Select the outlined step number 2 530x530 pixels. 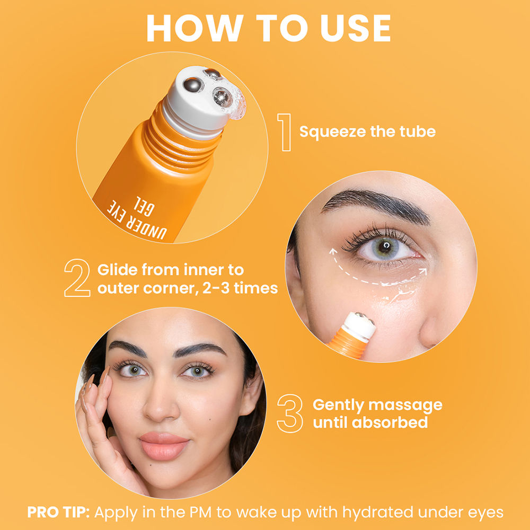pyautogui.click(x=77, y=278)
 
